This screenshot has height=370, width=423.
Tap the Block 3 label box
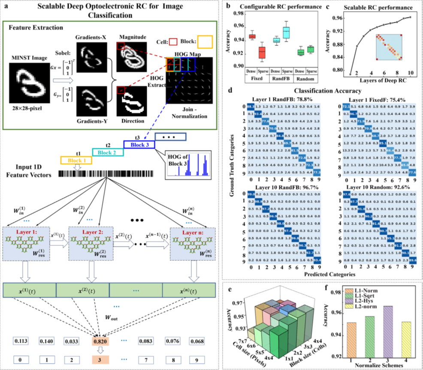pyautogui.click(x=136, y=144)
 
